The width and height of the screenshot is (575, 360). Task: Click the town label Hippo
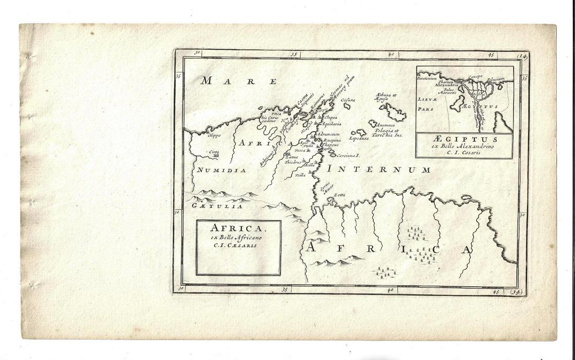(214, 136)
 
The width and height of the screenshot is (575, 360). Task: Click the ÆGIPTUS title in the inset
(464, 141)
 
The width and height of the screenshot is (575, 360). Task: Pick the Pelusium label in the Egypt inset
(496, 79)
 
